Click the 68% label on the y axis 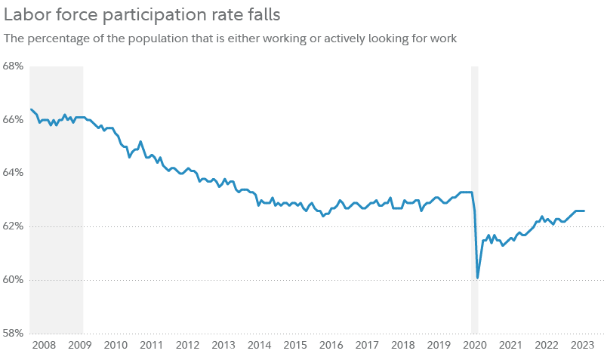(14, 66)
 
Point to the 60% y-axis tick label (14, 279)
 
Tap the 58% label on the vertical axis (14, 333)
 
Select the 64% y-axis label (14, 173)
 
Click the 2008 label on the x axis (44, 345)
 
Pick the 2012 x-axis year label (187, 345)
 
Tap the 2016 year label (331, 345)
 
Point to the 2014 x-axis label (260, 345)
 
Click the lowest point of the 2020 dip (478, 277)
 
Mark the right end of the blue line (585, 211)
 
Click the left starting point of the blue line (30, 109)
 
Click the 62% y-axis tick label (14, 226)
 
